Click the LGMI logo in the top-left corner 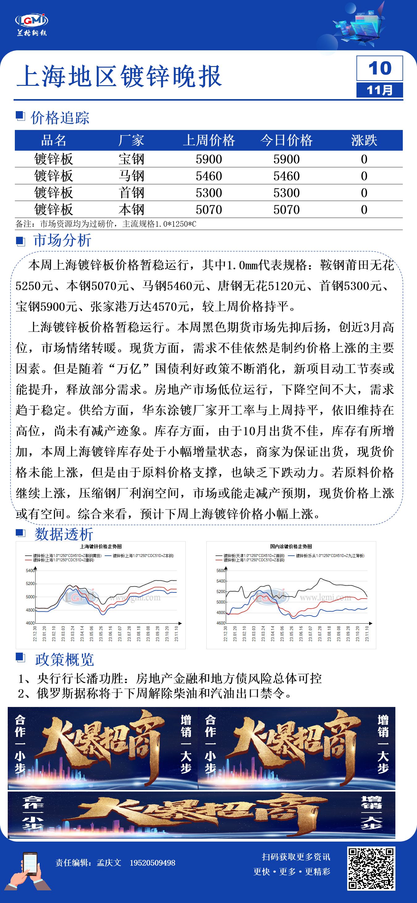(32, 24)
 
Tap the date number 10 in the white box (380, 68)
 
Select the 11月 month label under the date (380, 90)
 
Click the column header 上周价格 (209, 140)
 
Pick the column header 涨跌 (364, 140)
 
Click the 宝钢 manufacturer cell (132, 159)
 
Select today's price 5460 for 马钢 (287, 176)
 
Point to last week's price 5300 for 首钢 (209, 193)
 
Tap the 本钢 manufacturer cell (132, 210)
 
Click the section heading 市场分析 (62, 240)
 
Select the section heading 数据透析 (64, 534)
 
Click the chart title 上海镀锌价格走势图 (101, 546)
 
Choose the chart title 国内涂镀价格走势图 (291, 546)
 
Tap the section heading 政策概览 (65, 659)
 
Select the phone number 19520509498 (152, 863)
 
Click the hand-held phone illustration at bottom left (29, 871)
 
